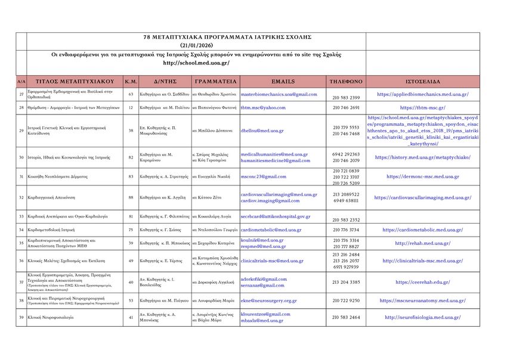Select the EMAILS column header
point(283,81)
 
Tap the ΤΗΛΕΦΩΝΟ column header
point(345,81)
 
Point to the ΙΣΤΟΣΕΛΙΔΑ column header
point(422,81)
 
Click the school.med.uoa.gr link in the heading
point(196,63)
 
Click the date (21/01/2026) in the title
point(196,45)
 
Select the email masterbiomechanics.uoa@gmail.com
point(279,94)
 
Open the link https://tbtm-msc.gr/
point(422,108)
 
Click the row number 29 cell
point(21,131)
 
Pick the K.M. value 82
point(131,157)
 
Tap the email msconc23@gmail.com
point(263,176)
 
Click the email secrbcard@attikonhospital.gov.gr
point(275,216)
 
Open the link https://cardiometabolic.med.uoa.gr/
point(422,230)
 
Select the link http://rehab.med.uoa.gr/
point(422,243)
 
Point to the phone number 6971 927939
point(346,267)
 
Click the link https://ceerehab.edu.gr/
point(422,283)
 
